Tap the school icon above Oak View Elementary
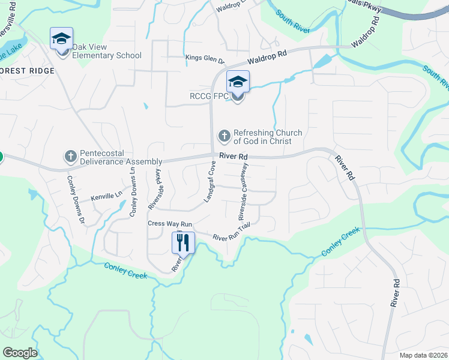(61, 39)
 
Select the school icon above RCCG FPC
(238, 82)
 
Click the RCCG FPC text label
(208, 95)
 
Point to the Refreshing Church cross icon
(224, 136)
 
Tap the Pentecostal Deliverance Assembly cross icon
(70, 157)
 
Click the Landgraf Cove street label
(210, 181)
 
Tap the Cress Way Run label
(170, 224)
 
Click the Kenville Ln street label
(106, 197)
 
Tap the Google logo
(19, 353)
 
